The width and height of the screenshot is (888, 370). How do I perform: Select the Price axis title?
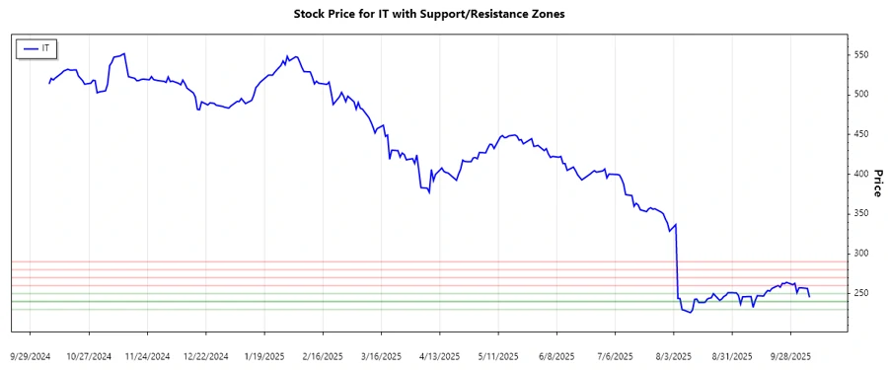pyautogui.click(x=878, y=182)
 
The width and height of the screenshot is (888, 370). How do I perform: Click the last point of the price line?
pyautogui.click(x=810, y=297)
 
